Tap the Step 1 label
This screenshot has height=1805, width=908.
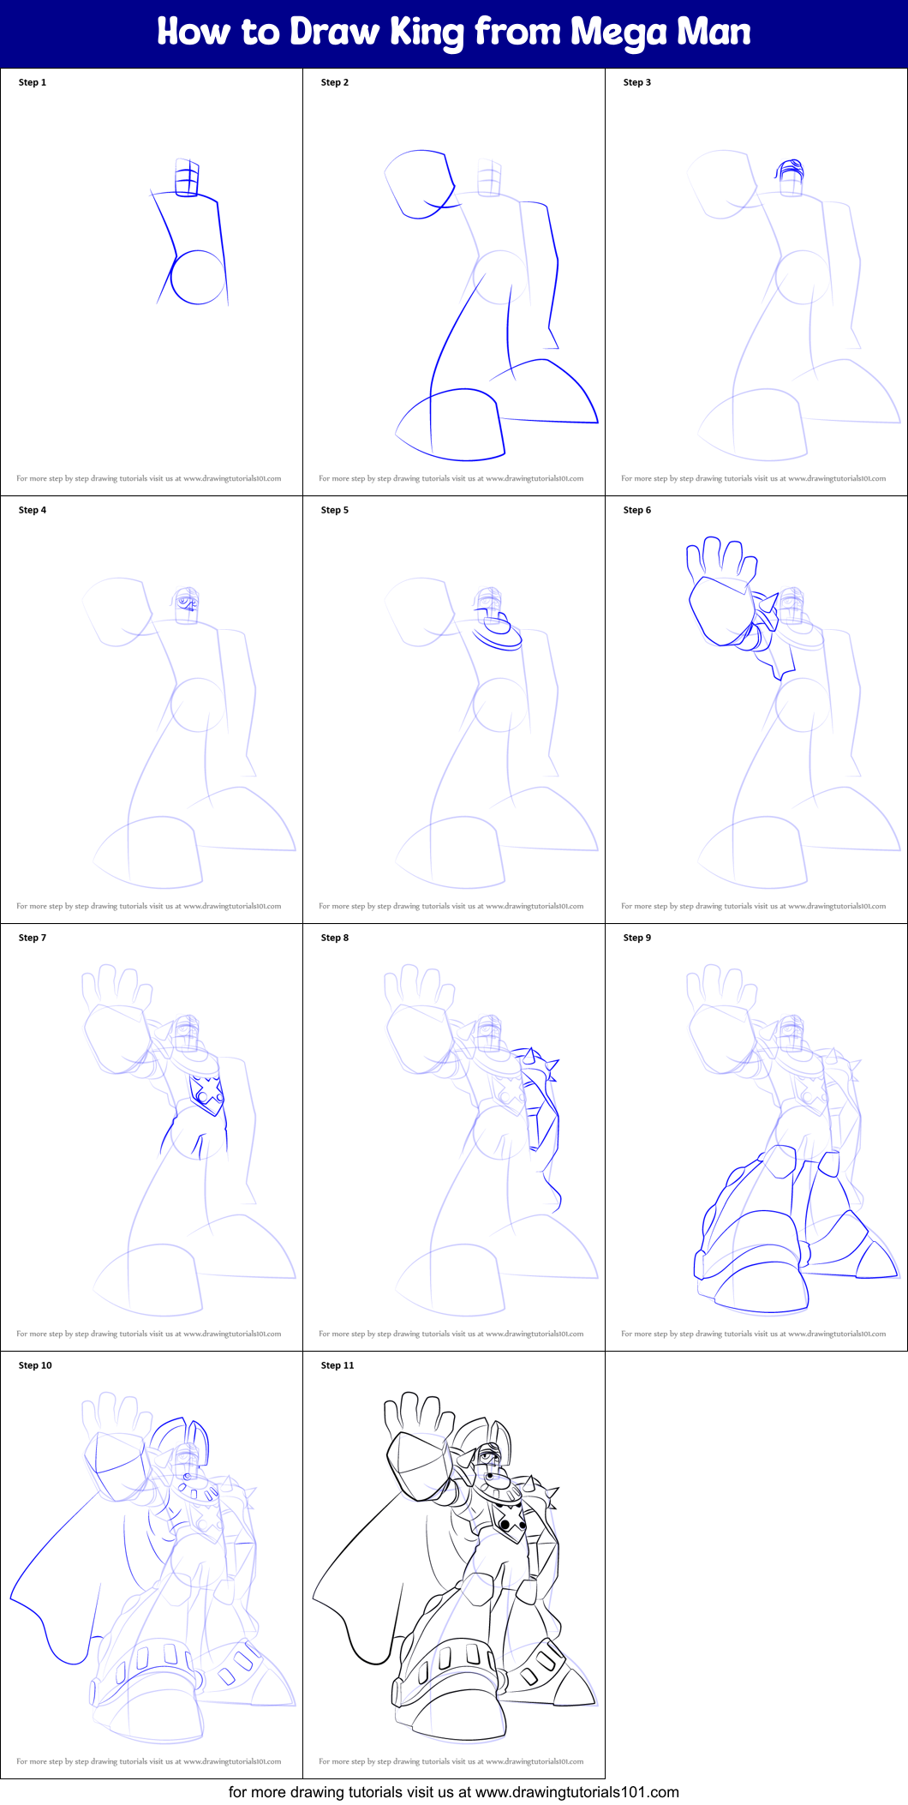coord(33,82)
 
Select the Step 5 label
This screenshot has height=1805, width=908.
coord(335,510)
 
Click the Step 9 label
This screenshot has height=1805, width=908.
coord(637,938)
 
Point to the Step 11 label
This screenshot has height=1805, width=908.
coord(338,1365)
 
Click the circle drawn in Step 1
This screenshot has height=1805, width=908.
coord(198,278)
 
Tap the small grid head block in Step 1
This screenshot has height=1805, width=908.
coord(187,178)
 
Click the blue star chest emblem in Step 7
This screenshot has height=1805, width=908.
coord(206,1092)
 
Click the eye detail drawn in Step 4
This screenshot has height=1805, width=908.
coord(184,603)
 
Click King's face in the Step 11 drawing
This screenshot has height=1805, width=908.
coord(489,1455)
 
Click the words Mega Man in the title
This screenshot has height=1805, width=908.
coord(660,33)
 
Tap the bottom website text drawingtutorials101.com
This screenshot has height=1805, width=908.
coord(576,1792)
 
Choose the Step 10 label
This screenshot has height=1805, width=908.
coord(35,1365)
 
